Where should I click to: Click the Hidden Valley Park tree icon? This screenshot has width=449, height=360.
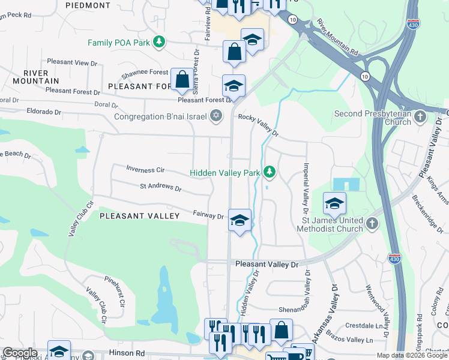point(270,173)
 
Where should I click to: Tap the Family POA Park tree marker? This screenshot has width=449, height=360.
point(159,42)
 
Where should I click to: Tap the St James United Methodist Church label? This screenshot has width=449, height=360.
point(324,224)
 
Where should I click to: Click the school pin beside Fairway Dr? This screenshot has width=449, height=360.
point(240,220)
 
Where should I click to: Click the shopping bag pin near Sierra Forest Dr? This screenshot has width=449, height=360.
point(181,79)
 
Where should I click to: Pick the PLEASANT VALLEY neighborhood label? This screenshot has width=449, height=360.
point(139,215)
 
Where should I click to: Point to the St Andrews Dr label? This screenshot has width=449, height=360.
point(160,188)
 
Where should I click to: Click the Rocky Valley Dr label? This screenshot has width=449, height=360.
point(259,124)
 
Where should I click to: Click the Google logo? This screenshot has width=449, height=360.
point(20,353)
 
